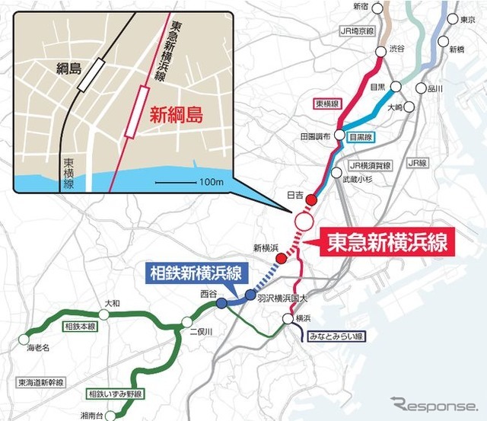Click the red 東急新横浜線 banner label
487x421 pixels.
click(x=386, y=242)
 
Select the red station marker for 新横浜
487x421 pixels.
click(x=282, y=259)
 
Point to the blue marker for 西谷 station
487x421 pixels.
click(x=221, y=303)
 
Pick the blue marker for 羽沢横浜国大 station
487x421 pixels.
click(x=250, y=296)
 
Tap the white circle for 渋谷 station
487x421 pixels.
click(x=380, y=53)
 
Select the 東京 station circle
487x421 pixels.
click(x=455, y=19)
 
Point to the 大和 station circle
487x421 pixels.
click(x=103, y=314)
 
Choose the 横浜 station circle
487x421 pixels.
click(x=287, y=320)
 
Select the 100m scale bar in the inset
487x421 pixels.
click(x=177, y=183)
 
